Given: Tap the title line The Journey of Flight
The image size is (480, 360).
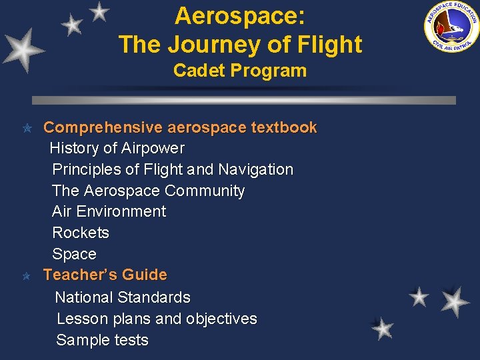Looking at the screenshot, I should tap(240, 45).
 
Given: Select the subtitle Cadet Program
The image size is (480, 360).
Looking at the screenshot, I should tap(240, 71).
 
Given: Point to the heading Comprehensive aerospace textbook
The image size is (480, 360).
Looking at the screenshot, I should tap(180, 127).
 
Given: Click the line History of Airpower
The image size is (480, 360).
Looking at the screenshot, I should tap(117, 148).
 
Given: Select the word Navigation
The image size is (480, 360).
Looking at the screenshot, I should tap(255, 169).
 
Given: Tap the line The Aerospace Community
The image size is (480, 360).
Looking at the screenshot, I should tap(148, 191).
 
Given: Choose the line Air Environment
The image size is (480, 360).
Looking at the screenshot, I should tap(109, 211).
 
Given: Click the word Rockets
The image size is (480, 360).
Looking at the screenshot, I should tap(81, 233).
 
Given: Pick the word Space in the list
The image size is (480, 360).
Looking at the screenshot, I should tap(74, 254).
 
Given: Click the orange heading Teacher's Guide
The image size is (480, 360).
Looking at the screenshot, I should tap(105, 275).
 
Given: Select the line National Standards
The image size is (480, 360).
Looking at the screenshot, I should tap(123, 297).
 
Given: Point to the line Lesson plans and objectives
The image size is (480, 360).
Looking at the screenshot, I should tap(157, 319).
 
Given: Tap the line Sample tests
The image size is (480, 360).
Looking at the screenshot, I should tap(102, 340).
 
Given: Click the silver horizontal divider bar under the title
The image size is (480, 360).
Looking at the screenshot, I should tap(244, 100).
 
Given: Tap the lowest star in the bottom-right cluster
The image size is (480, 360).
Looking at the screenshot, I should tap(383, 329).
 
